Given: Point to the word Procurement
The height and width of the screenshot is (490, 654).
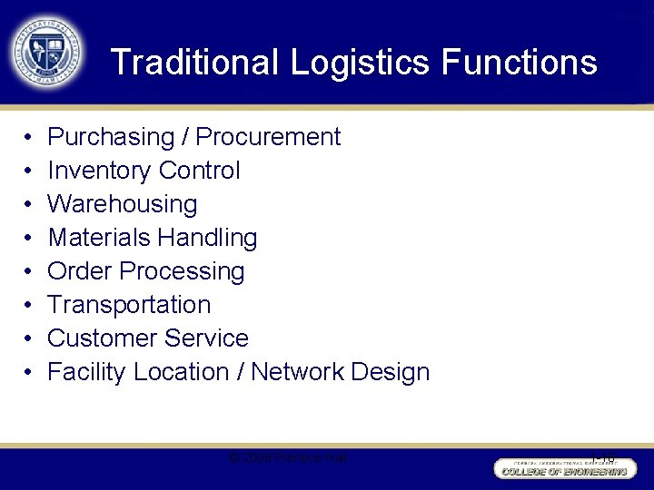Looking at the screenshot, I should click(268, 137).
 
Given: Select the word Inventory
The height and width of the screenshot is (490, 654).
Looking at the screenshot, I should click(99, 171).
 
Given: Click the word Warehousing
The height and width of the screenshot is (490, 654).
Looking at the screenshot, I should click(122, 204).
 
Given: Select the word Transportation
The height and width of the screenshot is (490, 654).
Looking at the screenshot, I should click(129, 305).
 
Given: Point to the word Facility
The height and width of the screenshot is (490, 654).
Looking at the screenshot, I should click(86, 372).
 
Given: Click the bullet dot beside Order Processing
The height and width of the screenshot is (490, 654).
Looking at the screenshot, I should click(27, 272).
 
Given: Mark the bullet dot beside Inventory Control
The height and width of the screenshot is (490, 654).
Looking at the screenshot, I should click(27, 171).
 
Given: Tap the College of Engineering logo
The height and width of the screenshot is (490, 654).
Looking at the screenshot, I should click(561, 467).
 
